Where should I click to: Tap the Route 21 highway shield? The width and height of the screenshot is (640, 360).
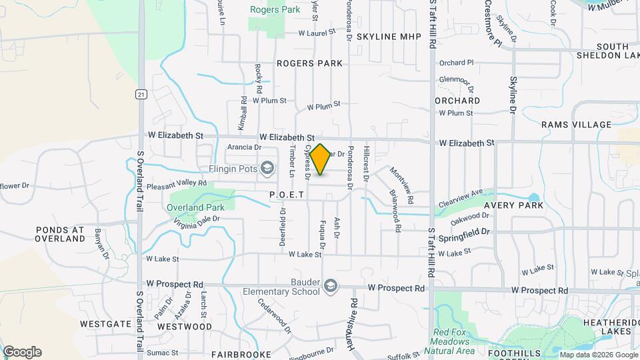[x=141, y=94]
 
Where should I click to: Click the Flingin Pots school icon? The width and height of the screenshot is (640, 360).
[x=267, y=167]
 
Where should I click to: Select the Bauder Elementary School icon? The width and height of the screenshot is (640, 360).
[x=330, y=287]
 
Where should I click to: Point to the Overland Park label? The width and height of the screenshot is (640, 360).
[x=195, y=207]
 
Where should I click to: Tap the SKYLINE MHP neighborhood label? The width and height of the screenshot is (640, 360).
[x=389, y=37]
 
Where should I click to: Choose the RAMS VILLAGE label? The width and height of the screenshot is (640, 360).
[x=576, y=125]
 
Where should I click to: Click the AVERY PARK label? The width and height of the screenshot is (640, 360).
[x=510, y=205]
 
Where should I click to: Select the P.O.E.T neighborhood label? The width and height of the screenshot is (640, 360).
[x=287, y=195]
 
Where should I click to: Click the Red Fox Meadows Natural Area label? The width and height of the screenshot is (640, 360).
[x=454, y=341]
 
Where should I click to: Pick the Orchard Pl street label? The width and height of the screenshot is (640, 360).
[x=456, y=63]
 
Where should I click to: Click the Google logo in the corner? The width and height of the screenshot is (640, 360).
[x=22, y=352]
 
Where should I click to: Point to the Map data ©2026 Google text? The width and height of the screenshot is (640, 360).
[x=598, y=355]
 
